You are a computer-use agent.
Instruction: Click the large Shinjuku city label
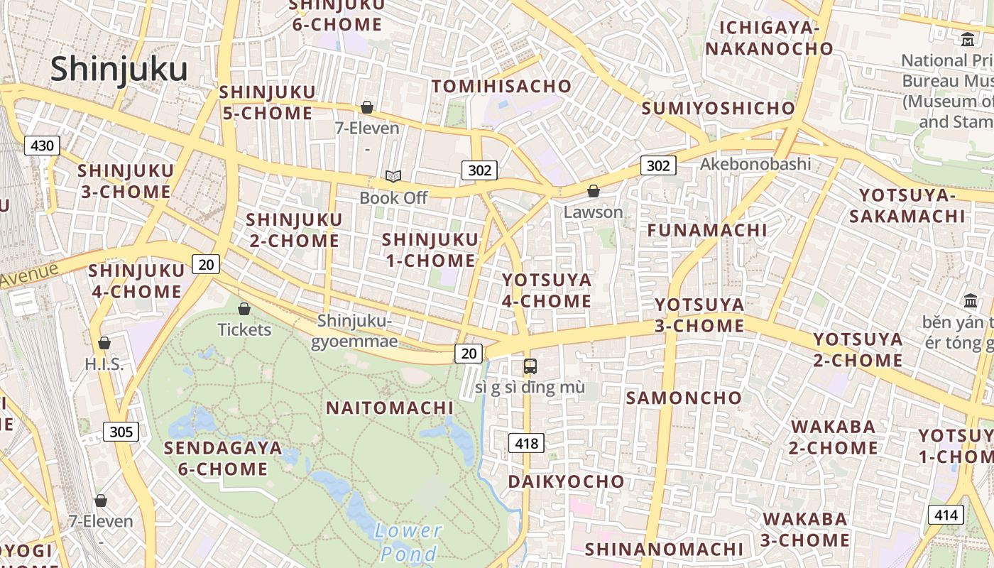[x=119, y=70]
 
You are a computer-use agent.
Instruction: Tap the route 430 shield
[x=42, y=146]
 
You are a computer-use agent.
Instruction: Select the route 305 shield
[x=121, y=431]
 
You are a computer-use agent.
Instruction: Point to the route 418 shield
[x=526, y=443]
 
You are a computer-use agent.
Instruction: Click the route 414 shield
[x=946, y=515]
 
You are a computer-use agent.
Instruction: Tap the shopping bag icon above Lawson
[x=593, y=191]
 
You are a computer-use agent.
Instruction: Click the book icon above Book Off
[x=393, y=176]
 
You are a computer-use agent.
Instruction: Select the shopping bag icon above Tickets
[x=244, y=309]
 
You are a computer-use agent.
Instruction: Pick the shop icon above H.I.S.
[x=104, y=343]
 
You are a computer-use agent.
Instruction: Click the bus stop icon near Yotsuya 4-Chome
[x=530, y=366]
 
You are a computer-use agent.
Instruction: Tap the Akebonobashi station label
[x=755, y=164]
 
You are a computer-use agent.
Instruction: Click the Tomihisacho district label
[x=502, y=87]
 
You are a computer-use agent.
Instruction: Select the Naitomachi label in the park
[x=390, y=408]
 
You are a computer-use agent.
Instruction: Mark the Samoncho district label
[x=683, y=398]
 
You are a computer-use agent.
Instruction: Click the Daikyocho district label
[x=566, y=481]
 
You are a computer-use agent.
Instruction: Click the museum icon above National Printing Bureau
[x=968, y=40]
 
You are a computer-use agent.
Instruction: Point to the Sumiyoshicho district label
[x=718, y=108]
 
